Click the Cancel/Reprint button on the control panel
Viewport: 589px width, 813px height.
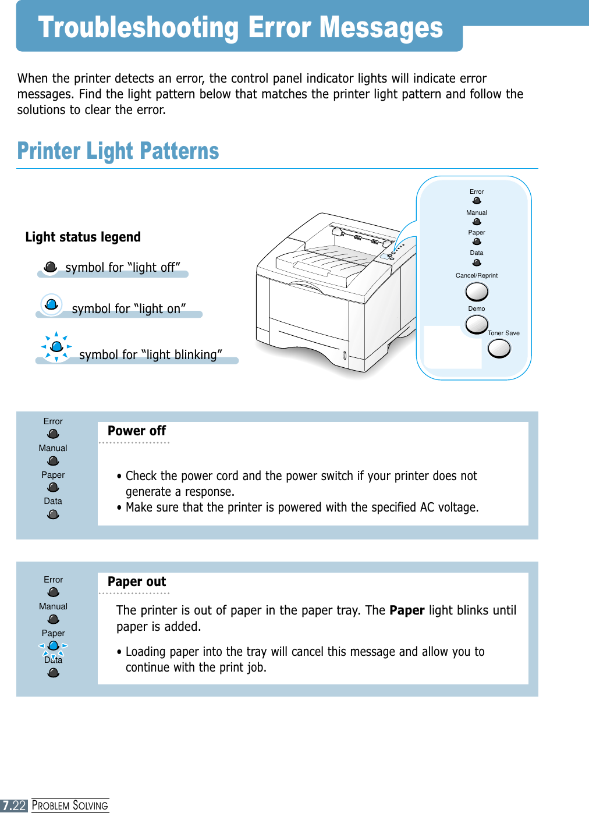tap(477, 291)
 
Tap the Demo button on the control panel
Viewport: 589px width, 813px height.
tap(477, 324)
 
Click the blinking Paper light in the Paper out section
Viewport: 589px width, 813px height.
tap(54, 646)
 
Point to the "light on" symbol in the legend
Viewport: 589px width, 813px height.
tap(51, 304)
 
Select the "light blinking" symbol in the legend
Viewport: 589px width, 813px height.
tap(56, 347)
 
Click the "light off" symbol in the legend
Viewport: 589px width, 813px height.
tap(51, 267)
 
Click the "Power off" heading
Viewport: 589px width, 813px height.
tap(137, 431)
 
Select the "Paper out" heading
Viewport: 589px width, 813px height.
tap(137, 582)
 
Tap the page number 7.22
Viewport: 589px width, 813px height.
tap(14, 805)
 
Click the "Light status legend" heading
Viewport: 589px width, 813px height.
tap(83, 237)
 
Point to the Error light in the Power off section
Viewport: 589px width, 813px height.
tap(53, 434)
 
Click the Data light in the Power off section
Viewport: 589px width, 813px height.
tap(53, 514)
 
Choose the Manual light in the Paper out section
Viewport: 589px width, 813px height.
tap(54, 619)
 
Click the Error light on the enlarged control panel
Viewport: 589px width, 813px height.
tap(477, 201)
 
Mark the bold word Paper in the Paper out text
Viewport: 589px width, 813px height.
tap(407, 610)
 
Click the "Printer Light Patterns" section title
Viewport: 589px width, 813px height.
tap(118, 151)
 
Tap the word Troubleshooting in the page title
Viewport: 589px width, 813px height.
tap(139, 27)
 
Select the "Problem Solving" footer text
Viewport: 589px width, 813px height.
tap(70, 805)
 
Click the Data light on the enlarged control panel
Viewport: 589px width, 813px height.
tap(477, 262)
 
